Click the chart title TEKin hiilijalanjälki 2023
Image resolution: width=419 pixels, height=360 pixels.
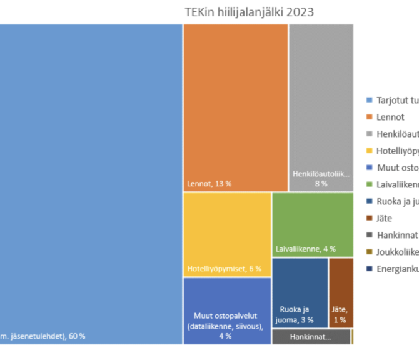(x=249, y=12)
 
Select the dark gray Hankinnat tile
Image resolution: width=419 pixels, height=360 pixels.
(x=311, y=337)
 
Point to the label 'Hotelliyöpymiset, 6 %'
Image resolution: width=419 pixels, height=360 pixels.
(x=224, y=269)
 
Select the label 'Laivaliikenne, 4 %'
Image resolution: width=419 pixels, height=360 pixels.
(x=306, y=249)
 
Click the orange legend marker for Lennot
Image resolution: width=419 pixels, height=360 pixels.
(x=370, y=117)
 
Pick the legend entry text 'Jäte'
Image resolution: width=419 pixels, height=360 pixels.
(x=385, y=218)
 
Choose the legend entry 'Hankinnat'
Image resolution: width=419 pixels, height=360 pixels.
(x=396, y=235)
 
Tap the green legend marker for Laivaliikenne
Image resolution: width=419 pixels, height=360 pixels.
(x=370, y=184)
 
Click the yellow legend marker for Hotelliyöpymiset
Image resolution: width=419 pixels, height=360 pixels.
(x=370, y=151)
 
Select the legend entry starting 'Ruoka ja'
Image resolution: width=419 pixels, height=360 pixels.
(x=396, y=201)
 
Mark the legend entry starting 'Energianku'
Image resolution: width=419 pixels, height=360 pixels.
(x=396, y=269)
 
